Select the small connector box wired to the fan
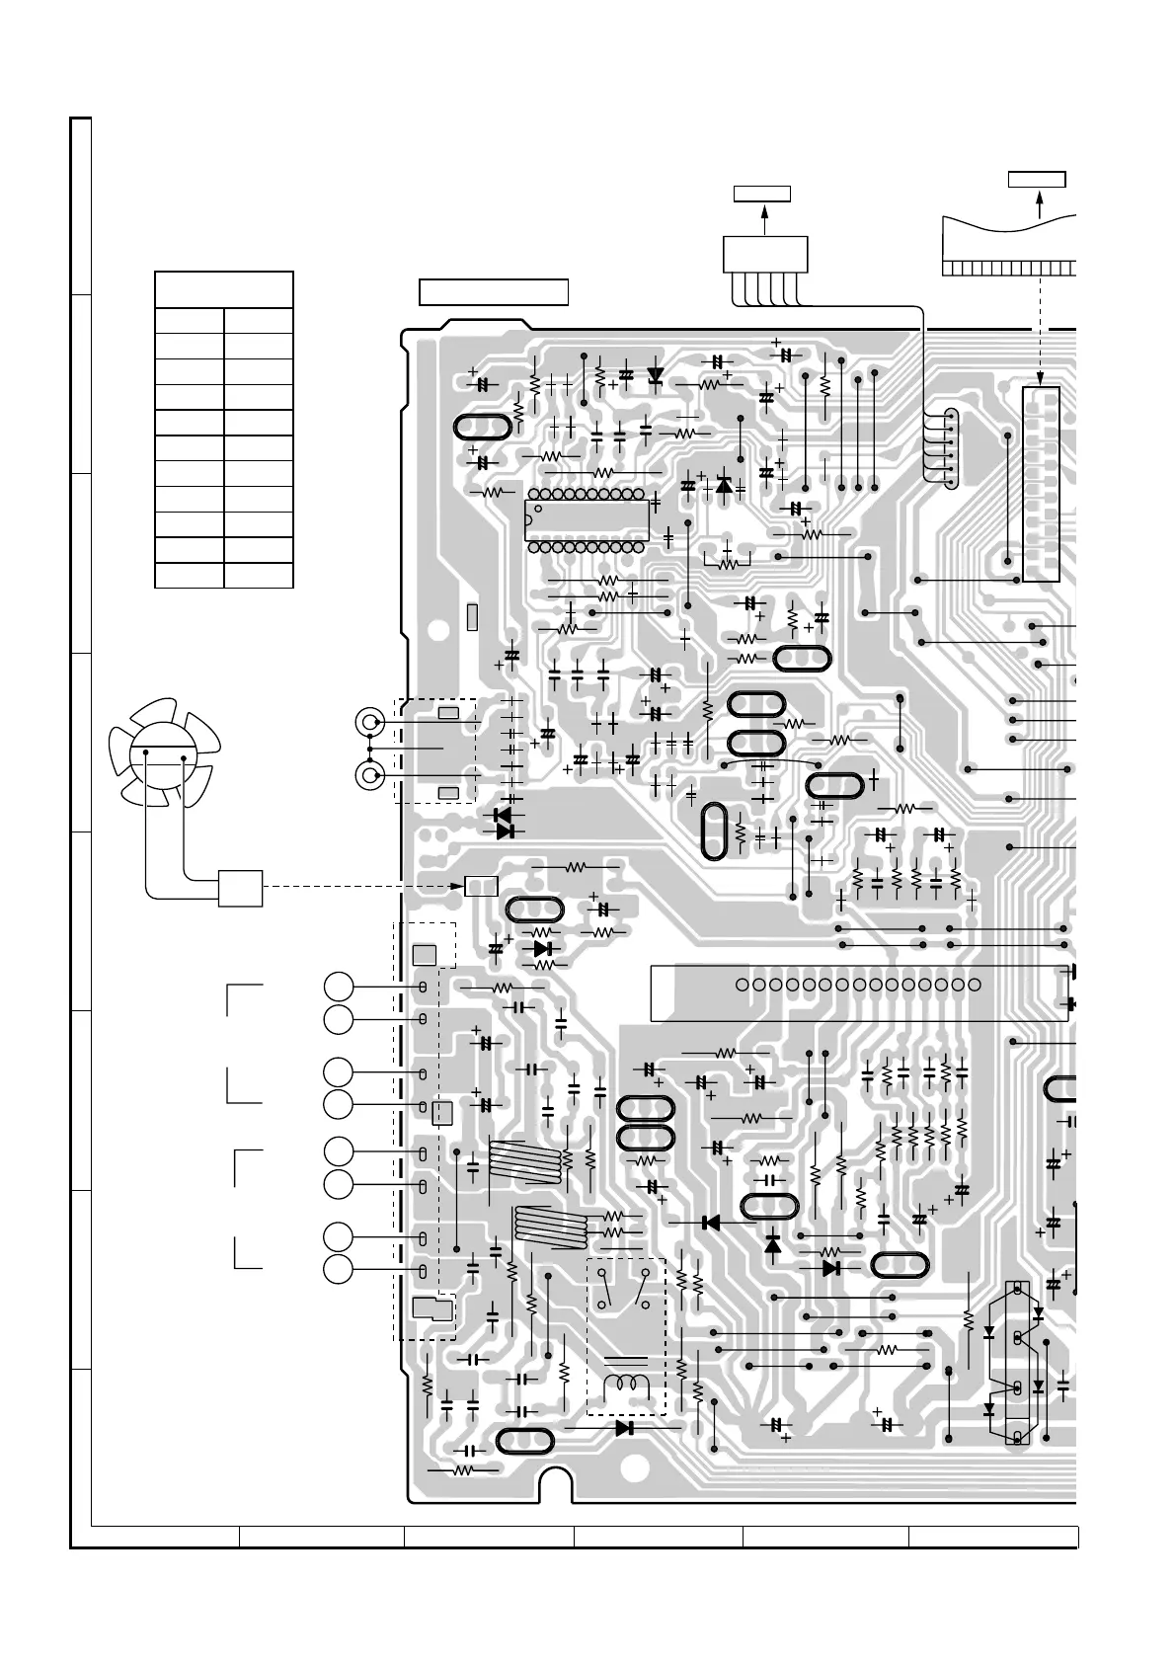pos(240,888)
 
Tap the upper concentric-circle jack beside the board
pos(370,723)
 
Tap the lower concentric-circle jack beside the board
pos(370,775)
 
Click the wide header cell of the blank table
pos(224,289)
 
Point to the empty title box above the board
pos(494,292)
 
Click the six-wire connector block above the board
pos(765,254)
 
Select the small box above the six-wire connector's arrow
pos(762,193)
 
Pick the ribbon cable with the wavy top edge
pos(1007,242)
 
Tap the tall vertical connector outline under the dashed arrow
pos(1041,484)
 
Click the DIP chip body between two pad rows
pos(587,519)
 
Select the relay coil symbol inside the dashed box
pos(626,1385)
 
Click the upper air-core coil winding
pos(525,1159)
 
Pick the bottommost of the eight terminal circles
pos(339,1269)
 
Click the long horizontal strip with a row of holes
pos(859,992)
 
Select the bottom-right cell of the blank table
pos(259,575)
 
